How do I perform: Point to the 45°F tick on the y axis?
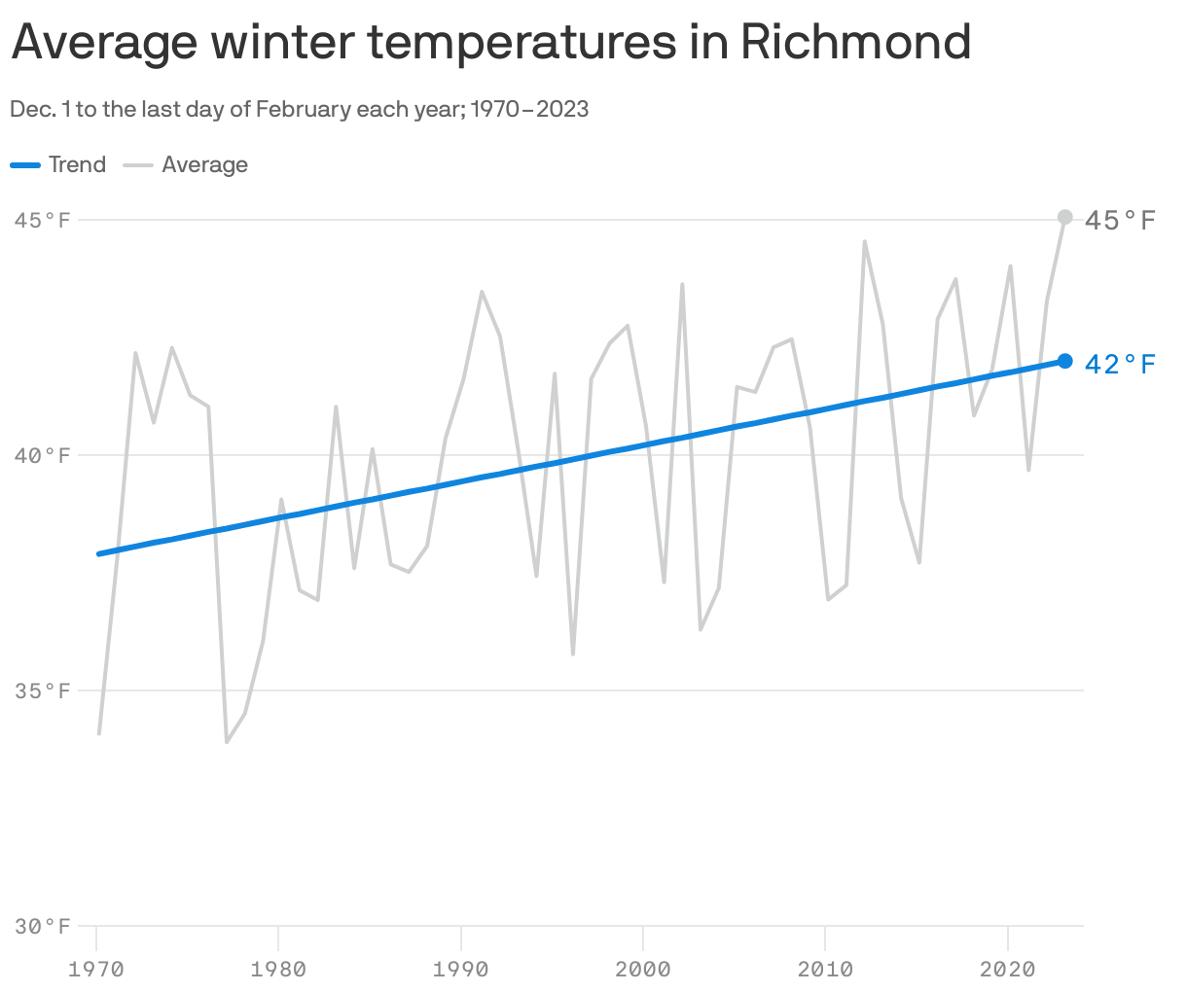pos(43,220)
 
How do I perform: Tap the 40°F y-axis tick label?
pos(43,455)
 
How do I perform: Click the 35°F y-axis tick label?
pos(43,691)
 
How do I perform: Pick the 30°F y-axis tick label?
pos(43,926)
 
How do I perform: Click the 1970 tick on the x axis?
pos(96,969)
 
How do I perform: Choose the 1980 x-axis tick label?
pos(278,969)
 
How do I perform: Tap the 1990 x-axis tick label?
pos(460,969)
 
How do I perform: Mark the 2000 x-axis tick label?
pos(643,969)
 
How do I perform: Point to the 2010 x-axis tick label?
pos(825,969)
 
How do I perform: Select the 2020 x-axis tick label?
pos(1007,969)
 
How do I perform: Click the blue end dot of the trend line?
pos(1064,361)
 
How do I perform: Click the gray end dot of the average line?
pos(1064,217)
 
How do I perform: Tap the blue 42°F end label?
pos(1120,365)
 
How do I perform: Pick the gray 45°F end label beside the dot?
pos(1120,221)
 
